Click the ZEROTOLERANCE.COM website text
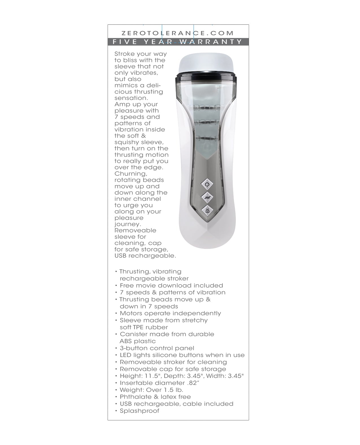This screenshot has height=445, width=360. (178, 33)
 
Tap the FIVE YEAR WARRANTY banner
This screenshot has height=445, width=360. (178, 42)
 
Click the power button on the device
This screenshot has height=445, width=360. (207, 184)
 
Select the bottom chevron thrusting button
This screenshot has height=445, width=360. (207, 210)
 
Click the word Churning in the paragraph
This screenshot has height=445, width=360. (131, 174)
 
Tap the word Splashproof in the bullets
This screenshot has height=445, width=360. (139, 411)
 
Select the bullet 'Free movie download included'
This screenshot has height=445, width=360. (171, 285)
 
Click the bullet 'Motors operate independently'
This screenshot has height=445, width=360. (170, 313)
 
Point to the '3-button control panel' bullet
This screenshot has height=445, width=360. (157, 348)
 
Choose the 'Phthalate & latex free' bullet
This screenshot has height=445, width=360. (155, 397)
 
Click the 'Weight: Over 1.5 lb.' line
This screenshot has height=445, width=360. (151, 390)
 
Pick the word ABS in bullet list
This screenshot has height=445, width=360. (126, 341)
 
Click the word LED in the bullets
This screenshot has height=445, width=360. (126, 355)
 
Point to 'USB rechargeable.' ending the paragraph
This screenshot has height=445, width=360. (145, 256)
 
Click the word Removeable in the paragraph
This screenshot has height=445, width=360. (135, 231)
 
